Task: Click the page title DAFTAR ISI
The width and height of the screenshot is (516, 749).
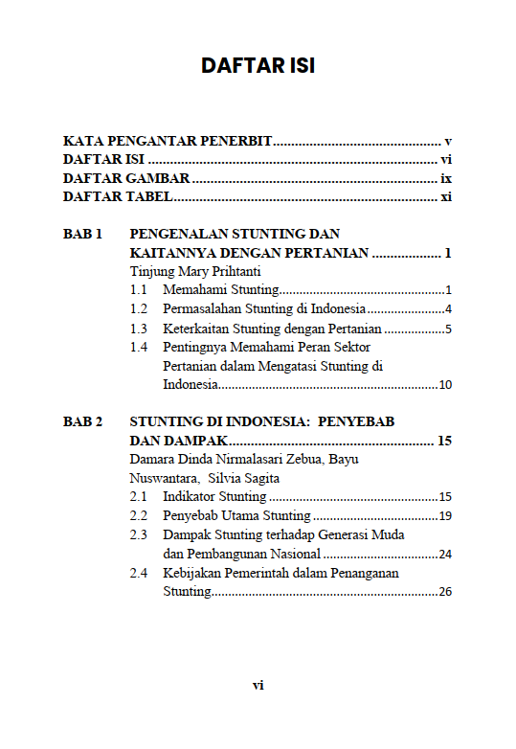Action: click(x=258, y=66)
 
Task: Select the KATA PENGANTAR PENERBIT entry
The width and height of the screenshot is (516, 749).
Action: click(x=168, y=141)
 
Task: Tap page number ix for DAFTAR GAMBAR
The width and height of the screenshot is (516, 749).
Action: click(x=445, y=178)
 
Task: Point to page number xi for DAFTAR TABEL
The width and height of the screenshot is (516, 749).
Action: click(x=445, y=197)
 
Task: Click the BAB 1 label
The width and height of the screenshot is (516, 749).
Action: click(x=82, y=234)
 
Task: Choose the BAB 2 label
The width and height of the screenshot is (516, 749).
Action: click(x=82, y=421)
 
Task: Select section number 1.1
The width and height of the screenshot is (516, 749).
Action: click(x=139, y=289)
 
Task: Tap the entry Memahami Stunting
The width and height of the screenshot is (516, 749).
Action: click(x=220, y=289)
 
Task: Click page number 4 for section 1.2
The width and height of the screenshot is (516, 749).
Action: click(x=447, y=308)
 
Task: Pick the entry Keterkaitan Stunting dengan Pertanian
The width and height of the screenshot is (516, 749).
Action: click(x=272, y=329)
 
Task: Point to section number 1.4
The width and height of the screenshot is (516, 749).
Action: click(x=139, y=347)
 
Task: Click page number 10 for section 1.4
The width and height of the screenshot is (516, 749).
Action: click(x=444, y=385)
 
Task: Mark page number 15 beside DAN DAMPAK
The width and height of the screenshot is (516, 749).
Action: click(x=443, y=441)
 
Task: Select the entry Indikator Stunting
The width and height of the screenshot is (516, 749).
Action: click(x=214, y=496)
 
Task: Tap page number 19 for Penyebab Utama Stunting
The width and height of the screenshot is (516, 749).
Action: click(x=444, y=515)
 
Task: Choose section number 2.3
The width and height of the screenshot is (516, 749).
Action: click(x=139, y=534)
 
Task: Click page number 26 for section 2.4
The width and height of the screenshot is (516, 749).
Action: click(x=444, y=592)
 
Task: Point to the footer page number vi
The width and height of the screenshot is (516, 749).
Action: click(x=258, y=685)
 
